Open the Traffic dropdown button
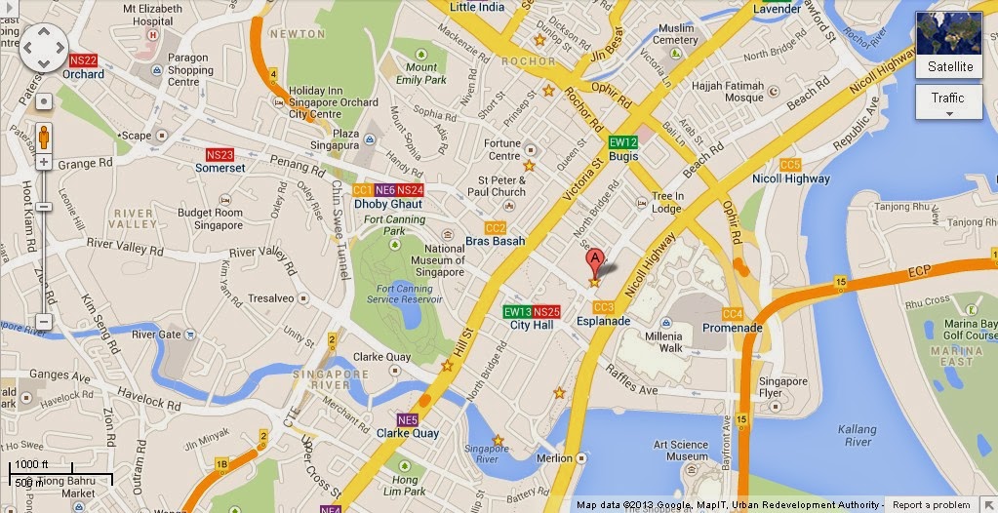(948, 101)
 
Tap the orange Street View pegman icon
(43, 138)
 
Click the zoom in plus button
(43, 162)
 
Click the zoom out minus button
(43, 321)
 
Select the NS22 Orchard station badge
(83, 60)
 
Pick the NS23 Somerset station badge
(220, 155)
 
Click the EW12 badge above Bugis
(623, 142)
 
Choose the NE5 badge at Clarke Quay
(408, 420)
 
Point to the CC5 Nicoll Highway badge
(789, 165)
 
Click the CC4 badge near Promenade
(732, 314)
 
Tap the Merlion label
(554, 458)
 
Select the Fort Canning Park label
(393, 225)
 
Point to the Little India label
(477, 7)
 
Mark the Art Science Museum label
(681, 451)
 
